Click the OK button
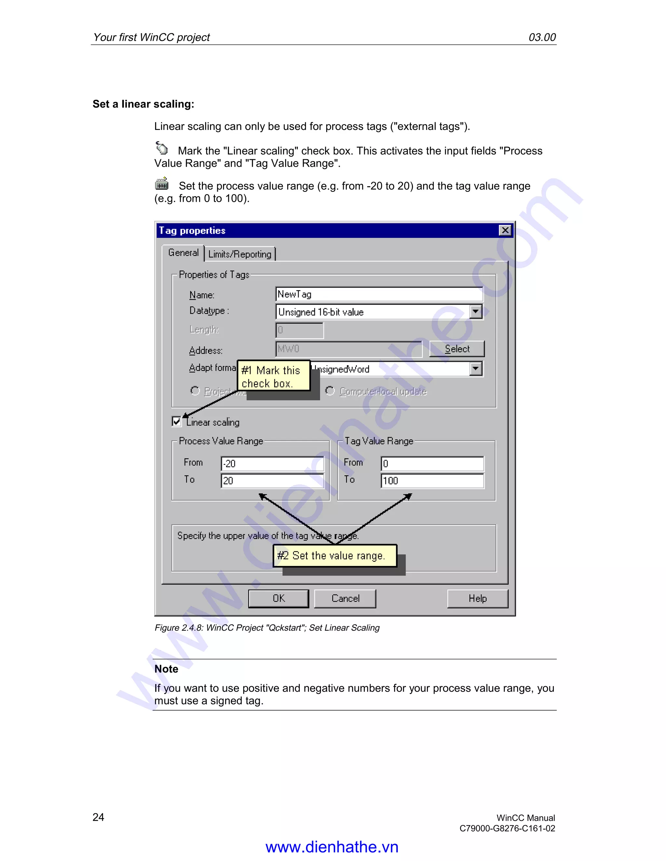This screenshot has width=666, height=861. [x=279, y=598]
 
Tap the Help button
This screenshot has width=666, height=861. [x=477, y=598]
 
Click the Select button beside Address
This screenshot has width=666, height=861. [x=457, y=349]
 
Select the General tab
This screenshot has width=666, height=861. [x=183, y=253]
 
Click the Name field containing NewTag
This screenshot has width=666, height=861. [x=379, y=294]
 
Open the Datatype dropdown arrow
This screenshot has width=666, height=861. [x=476, y=312]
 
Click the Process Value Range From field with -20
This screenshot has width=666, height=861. [x=272, y=464]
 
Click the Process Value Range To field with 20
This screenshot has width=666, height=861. [x=272, y=481]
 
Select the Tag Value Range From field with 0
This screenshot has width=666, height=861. [x=432, y=464]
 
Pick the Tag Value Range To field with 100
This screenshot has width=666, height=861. [x=432, y=481]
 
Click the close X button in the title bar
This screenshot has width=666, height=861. [x=505, y=230]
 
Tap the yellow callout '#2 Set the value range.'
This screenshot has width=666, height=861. [x=335, y=556]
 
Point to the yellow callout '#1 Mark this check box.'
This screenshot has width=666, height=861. [x=273, y=376]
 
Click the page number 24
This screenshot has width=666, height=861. [x=98, y=817]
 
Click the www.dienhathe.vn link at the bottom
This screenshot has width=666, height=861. [x=332, y=847]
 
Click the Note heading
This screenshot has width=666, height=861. [x=166, y=669]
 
